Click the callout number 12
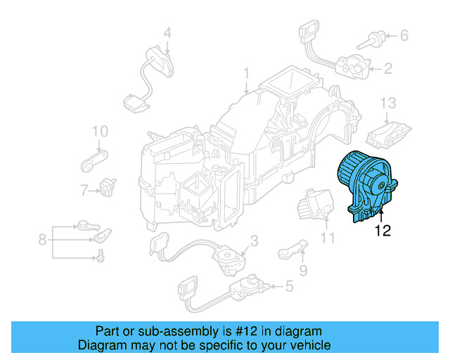point(382,229)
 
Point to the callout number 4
point(167,32)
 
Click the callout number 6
point(404,34)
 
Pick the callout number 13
point(389,103)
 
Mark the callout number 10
point(99,131)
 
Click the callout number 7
point(84,190)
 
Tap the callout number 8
point(42,240)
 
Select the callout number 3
point(255,241)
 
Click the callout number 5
point(289,286)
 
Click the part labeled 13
point(389,131)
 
